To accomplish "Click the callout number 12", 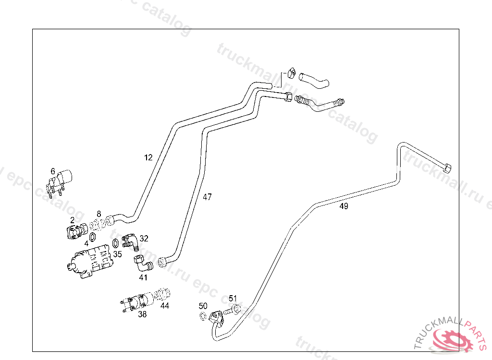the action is point(148,157).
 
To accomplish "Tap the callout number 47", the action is point(207,197).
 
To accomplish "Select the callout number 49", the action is point(344,206).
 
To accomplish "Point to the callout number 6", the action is point(53,171).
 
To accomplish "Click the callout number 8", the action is point(99,214).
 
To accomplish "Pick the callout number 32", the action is point(144,238).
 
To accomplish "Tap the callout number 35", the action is point(117,254).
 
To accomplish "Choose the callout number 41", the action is point(143,277).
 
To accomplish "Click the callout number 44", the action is point(165,305).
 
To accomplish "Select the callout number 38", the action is point(142,314).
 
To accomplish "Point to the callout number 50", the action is point(203,306).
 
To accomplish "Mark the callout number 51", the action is point(233,299).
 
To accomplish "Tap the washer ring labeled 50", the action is point(203,316).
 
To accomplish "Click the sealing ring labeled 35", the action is point(116,243).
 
